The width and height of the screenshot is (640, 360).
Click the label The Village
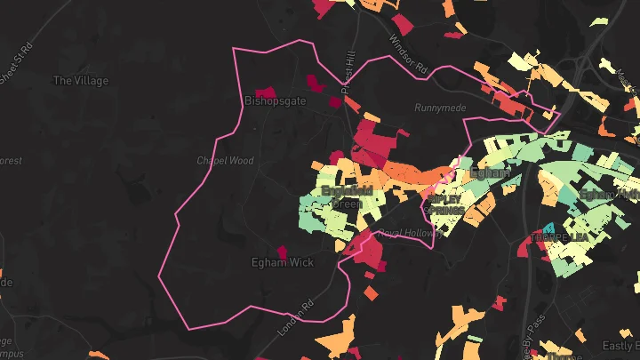point(81,81)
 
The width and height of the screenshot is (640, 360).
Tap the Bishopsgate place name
point(275,101)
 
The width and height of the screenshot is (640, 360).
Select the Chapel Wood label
point(225,161)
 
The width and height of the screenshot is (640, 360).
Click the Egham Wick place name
point(283,263)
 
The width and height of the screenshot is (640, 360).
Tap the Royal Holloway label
point(409,234)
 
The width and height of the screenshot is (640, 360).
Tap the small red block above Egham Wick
point(283,252)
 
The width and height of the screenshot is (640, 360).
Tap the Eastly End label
point(620,345)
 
